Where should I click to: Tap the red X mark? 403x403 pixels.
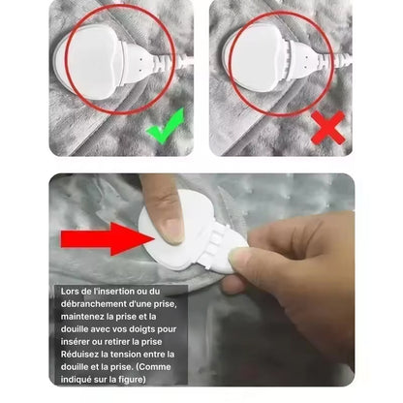pos(327,128)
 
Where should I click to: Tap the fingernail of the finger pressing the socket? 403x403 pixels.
pos(172,230)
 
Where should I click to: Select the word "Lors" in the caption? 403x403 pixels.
pos(70,291)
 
